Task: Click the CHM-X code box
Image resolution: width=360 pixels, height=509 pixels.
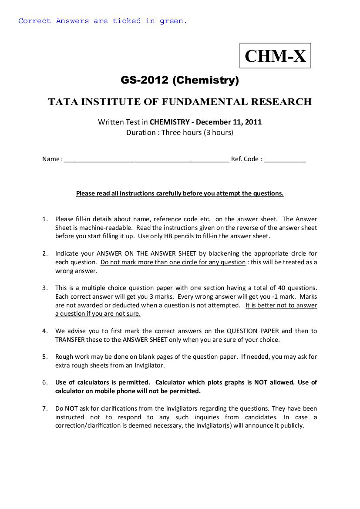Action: point(275,56)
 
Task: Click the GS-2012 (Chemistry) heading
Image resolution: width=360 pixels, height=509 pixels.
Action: point(180,81)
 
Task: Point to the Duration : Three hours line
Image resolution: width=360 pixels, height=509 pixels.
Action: point(180,132)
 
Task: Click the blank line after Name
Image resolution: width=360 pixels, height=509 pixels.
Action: point(147,159)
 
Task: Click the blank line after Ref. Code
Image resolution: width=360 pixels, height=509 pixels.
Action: point(285,159)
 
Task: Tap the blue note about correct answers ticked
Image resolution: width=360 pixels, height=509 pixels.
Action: point(103,21)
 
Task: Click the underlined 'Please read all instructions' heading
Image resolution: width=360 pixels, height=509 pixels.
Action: point(180,193)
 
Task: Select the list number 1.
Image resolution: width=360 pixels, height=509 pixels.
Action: point(44,219)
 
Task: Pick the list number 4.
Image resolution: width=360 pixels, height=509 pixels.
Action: point(44,331)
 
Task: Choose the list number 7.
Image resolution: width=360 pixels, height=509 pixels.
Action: point(44,408)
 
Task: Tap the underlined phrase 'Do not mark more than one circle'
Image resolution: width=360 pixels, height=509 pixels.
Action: point(173,262)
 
